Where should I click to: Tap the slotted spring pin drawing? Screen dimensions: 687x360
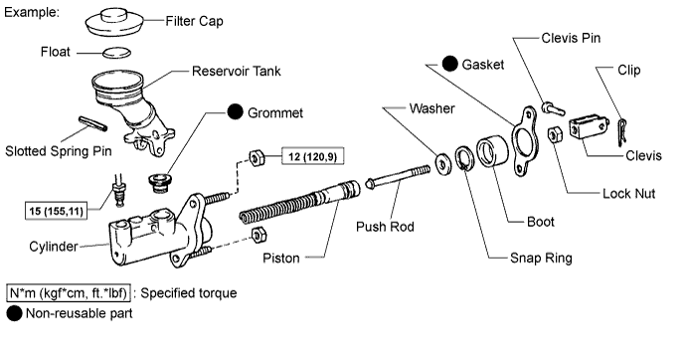pos(92,123)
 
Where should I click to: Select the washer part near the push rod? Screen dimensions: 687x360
pos(443,164)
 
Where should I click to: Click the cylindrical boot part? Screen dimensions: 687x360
pos(492,151)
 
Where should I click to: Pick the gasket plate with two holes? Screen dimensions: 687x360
pos(525,141)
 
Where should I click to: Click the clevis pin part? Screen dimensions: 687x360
pos(553,108)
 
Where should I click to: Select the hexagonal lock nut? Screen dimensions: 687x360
pos(555,134)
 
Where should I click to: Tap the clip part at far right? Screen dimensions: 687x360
pos(621,132)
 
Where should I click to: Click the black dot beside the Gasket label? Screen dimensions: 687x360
pos(450,64)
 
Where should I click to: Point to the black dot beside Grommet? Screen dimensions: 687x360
pos(235,111)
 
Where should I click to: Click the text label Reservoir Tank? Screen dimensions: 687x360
pos(237,71)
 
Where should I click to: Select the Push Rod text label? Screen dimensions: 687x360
pos(385,227)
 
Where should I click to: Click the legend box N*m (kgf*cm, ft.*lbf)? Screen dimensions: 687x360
pos(69,293)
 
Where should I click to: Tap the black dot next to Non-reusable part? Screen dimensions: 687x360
pos(14,313)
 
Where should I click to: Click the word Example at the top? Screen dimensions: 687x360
pos(32,12)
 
